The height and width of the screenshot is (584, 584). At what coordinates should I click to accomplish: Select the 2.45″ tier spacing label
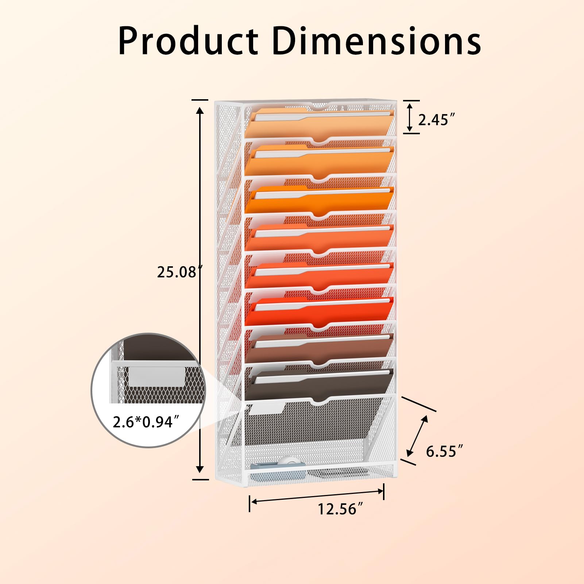click(436, 120)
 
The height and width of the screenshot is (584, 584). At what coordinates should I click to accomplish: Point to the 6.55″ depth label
click(444, 451)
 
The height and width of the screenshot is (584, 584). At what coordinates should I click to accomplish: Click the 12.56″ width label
click(340, 509)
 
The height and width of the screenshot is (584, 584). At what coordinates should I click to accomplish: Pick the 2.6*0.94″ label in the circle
click(146, 422)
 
